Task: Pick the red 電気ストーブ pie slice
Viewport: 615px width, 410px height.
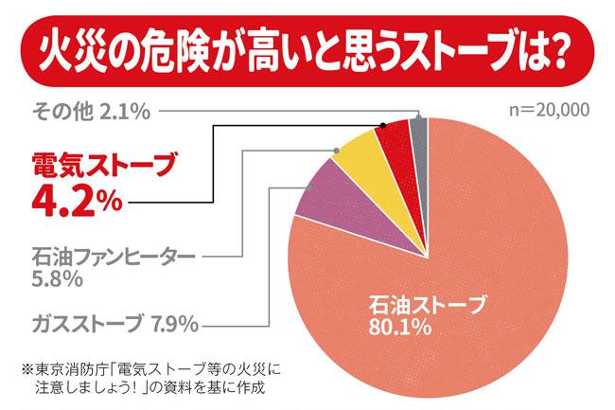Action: coord(393,142)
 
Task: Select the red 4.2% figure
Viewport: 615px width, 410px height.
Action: coord(66,201)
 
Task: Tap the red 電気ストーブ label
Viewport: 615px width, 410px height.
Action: coord(91,167)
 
